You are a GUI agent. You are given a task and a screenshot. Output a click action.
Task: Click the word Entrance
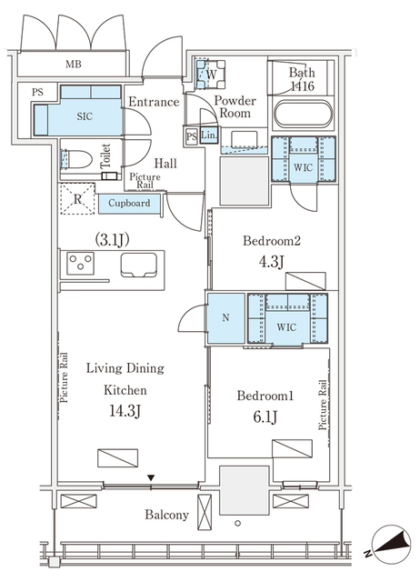click(153, 102)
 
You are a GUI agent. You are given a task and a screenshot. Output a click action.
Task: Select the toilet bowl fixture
click(77, 158)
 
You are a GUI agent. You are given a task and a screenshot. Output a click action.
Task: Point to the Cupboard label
click(130, 203)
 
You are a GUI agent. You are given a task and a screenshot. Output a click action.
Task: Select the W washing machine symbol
click(210, 74)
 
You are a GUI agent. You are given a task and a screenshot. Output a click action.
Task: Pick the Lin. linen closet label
click(209, 136)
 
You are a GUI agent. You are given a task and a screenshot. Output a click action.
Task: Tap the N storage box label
click(225, 319)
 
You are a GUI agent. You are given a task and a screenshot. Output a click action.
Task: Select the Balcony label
click(167, 515)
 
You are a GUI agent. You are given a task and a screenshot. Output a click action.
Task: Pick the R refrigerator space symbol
click(76, 200)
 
